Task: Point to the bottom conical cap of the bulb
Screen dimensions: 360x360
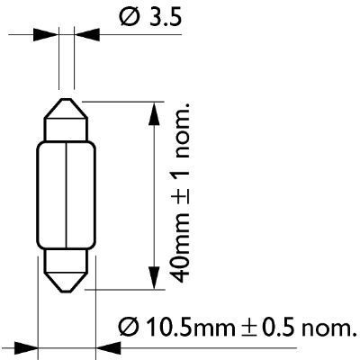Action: click(67, 275)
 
